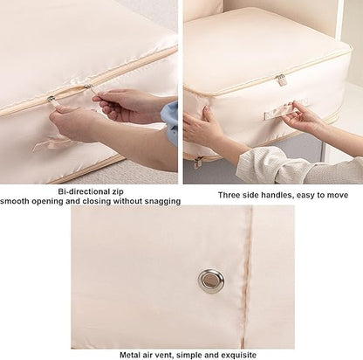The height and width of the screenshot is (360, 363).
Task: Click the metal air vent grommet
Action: (x=211, y=280)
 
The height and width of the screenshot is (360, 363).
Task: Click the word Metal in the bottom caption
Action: (x=130, y=355)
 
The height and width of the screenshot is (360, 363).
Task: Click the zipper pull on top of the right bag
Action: (x=281, y=80)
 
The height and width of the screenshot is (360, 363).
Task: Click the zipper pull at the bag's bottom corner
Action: (x=198, y=162)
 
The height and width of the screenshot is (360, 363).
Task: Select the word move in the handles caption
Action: (x=338, y=195)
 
